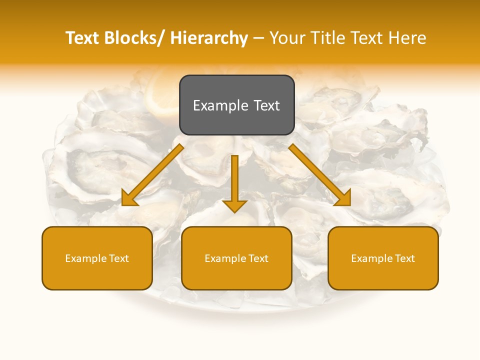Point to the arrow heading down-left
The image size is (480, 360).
tap(152, 175)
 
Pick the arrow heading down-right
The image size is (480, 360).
tap(320, 175)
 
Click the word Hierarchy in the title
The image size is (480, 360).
tap(209, 38)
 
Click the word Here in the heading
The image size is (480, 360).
tap(407, 38)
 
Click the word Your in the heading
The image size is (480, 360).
tap(288, 38)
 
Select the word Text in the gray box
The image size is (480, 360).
tap(266, 105)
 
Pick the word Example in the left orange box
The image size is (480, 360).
tap(85, 258)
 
